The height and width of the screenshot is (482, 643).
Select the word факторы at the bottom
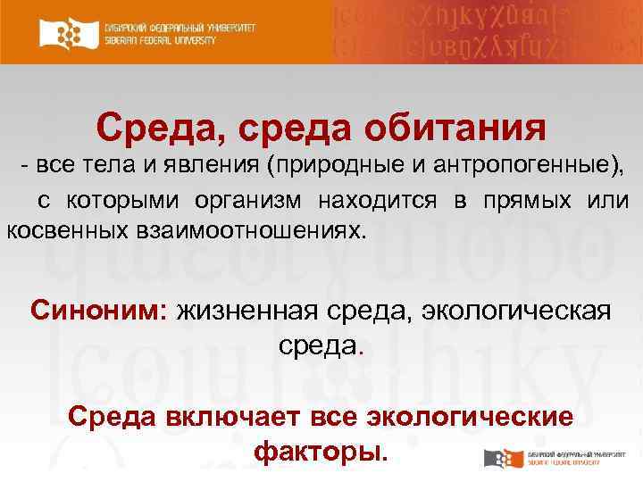click(x=321, y=452)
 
